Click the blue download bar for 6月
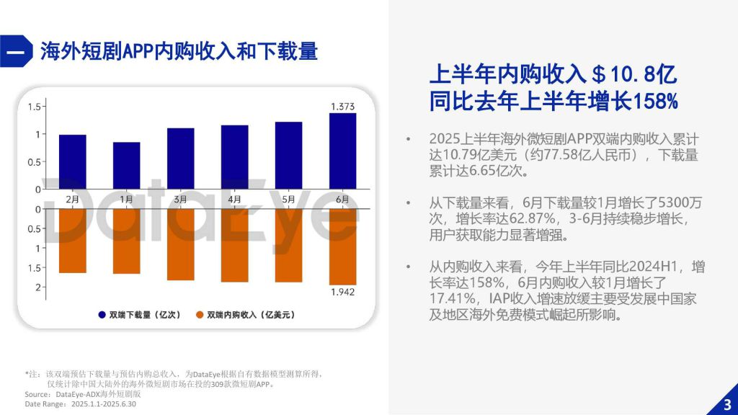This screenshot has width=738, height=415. coord(342,151)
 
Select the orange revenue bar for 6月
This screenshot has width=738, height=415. coord(342,246)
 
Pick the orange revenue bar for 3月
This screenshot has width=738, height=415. coord(180,244)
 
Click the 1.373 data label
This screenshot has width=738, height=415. coord(342,107)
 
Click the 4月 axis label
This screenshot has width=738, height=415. coord(234,198)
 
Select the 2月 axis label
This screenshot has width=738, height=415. coord(72,198)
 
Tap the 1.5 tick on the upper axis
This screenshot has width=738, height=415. coord(33,107)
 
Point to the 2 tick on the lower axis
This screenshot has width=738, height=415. coord(37,287)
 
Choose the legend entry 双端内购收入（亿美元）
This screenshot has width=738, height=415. coord(245,315)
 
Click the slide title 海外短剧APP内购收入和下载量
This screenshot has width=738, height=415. coord(179,51)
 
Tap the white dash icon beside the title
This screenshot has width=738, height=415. coord(16,52)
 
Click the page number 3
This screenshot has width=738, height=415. coord(726,403)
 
